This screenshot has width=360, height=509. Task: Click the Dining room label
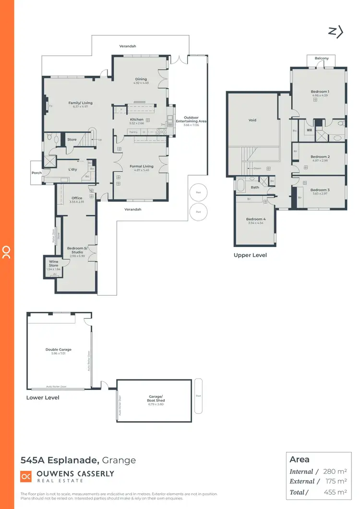pos(141,79)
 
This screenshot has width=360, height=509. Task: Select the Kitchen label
pos(137,119)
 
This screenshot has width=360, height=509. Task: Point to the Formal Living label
pos(142,166)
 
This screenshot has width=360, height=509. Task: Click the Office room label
pos(77,198)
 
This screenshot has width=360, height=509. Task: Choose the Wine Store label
pos(54,265)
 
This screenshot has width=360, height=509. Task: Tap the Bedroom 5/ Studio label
pos(77,249)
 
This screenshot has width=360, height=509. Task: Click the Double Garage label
pos(58,350)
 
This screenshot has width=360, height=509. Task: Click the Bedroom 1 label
pos(320,91)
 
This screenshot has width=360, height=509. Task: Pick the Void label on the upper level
pos(252,120)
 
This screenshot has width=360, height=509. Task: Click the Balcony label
pos(322,59)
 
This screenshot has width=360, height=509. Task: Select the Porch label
pos(36,173)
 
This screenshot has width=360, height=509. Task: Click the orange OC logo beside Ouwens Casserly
pos(26,476)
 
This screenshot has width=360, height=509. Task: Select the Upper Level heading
pos(250,255)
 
